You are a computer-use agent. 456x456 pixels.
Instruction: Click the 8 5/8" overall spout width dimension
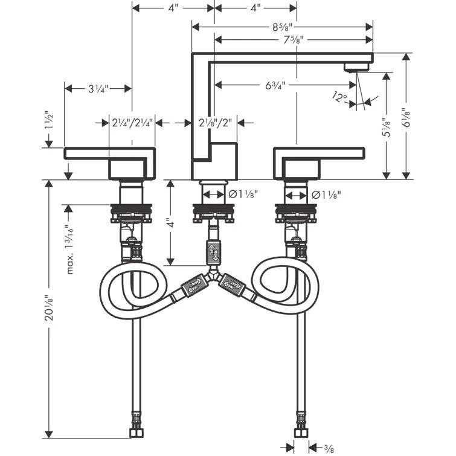[282, 27]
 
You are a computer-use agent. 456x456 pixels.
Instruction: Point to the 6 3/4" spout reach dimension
[275, 86]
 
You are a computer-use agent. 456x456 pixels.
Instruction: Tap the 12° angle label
[339, 95]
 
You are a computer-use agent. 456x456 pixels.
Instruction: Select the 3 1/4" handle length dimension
[98, 89]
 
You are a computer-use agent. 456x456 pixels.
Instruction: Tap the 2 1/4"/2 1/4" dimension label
[126, 123]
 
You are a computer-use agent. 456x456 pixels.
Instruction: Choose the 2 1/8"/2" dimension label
[214, 123]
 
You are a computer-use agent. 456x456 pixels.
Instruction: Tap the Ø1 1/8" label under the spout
[243, 195]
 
